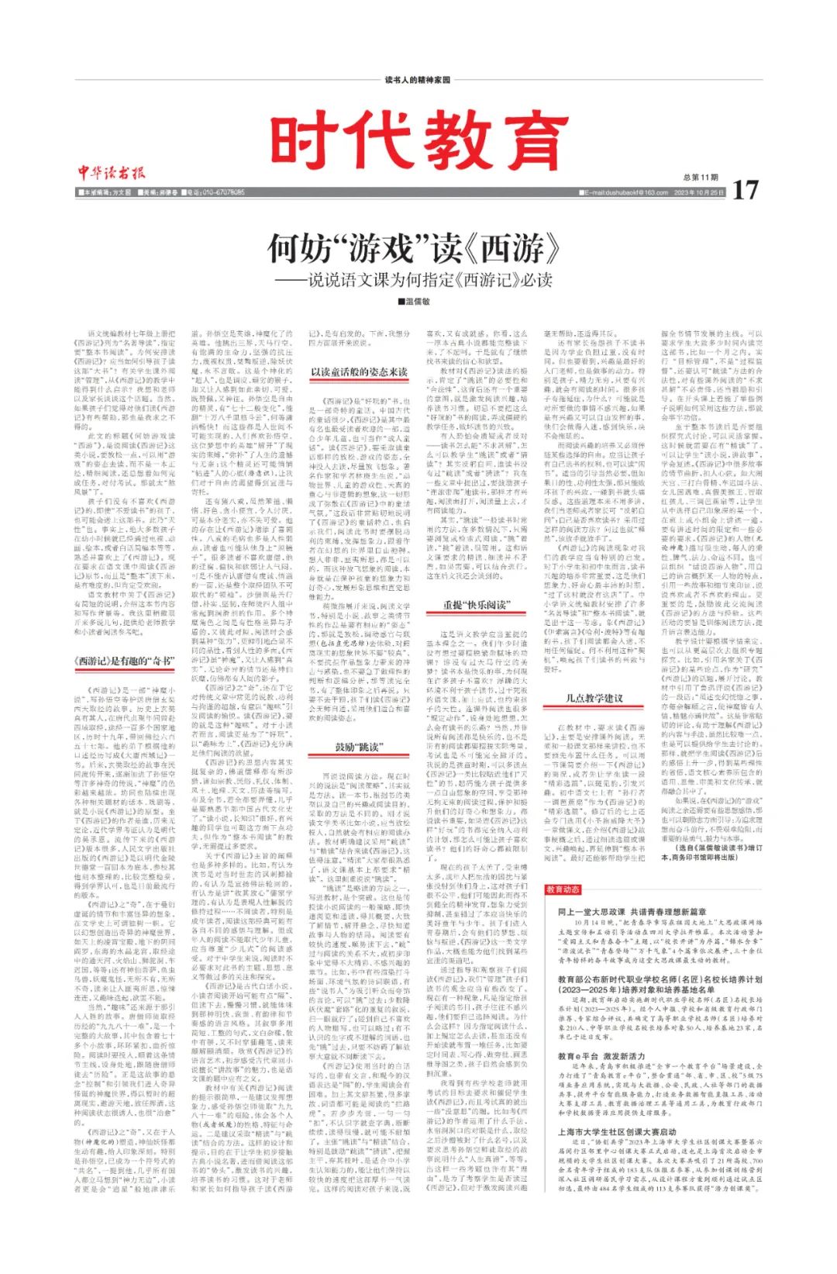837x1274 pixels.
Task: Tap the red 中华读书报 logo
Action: [x=111, y=172]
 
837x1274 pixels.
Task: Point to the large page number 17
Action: [x=744, y=190]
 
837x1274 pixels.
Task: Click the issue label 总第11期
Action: [x=701, y=178]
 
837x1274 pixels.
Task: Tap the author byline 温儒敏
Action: [x=415, y=302]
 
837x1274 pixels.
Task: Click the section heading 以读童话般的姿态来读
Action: [x=359, y=373]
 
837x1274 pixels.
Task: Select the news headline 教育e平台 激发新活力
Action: [x=601, y=1056]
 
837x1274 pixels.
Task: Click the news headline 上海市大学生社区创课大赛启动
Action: [x=617, y=1132]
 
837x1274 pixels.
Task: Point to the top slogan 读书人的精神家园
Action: [x=418, y=80]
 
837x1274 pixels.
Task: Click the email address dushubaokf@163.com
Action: [x=627, y=192]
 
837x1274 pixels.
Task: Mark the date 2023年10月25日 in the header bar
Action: [x=699, y=192]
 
